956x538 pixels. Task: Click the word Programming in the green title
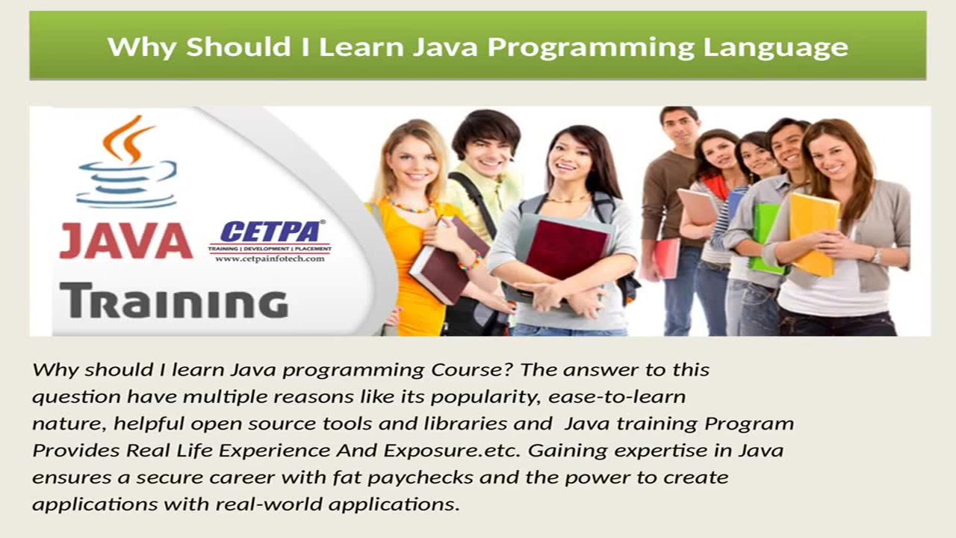tap(591, 48)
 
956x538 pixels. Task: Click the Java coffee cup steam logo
tap(127, 162)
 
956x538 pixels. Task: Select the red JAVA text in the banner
tap(126, 242)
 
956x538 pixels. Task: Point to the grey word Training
tap(174, 300)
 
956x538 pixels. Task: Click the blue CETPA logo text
tap(270, 232)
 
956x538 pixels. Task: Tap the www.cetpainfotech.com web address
tap(270, 259)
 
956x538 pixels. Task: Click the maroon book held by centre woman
tap(566, 250)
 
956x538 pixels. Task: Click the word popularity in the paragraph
tap(486, 397)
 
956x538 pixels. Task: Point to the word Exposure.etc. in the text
tap(452, 451)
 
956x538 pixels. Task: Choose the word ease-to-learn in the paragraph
tap(617, 397)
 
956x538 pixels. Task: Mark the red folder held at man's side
tap(666, 258)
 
